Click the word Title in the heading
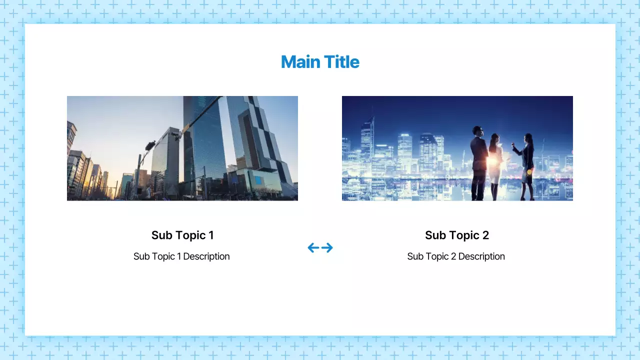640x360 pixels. pyautogui.click(x=341, y=62)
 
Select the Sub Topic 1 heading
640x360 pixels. pyautogui.click(x=182, y=235)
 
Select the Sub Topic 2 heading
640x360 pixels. pyautogui.click(x=456, y=235)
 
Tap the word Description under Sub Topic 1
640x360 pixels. pyautogui.click(x=206, y=256)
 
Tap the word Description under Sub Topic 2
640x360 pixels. pyautogui.click(x=481, y=256)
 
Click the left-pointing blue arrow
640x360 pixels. pyautogui.click(x=313, y=247)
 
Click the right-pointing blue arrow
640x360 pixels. pyautogui.click(x=327, y=247)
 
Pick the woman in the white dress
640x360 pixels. pyautogui.click(x=495, y=165)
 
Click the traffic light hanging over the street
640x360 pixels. pyautogui.click(x=150, y=145)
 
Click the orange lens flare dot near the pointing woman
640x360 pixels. pyautogui.click(x=529, y=172)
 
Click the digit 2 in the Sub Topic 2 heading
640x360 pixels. pyautogui.click(x=485, y=235)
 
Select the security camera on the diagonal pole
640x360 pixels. pyautogui.click(x=176, y=134)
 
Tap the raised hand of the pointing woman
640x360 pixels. pyautogui.click(x=512, y=145)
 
